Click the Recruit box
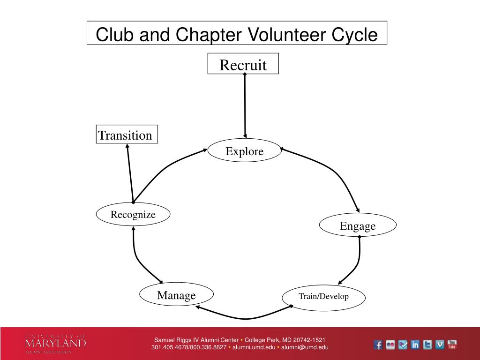tap(243, 64)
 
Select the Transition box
tap(127, 135)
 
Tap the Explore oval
tap(244, 151)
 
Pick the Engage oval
tap(358, 225)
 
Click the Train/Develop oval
tap(323, 296)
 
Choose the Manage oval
tap(176, 295)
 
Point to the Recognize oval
tap(133, 215)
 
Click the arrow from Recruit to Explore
tap(245, 105)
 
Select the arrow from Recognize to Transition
tap(130, 173)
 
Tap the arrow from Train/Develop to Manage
tap(244, 317)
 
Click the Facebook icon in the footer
tap(378, 345)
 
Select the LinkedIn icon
tap(415, 345)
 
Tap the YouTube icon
tap(452, 345)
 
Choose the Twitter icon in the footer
tap(427, 345)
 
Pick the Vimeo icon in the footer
tap(440, 345)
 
